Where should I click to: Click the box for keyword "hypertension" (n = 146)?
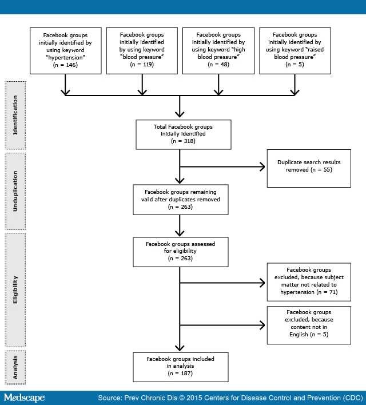point(66,50)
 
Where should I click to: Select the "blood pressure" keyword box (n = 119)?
point(142,50)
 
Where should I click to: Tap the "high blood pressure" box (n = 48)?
point(218,50)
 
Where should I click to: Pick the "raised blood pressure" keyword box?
point(295,50)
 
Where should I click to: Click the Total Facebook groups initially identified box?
point(183,134)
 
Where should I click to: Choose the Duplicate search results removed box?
point(309,169)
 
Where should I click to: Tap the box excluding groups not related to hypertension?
point(309,280)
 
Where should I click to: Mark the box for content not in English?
point(309,325)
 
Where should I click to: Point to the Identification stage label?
point(15,114)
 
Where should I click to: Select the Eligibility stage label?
point(15,288)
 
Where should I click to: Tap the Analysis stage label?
point(15,367)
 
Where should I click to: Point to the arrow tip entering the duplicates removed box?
point(264,166)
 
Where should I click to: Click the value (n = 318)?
point(183,141)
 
